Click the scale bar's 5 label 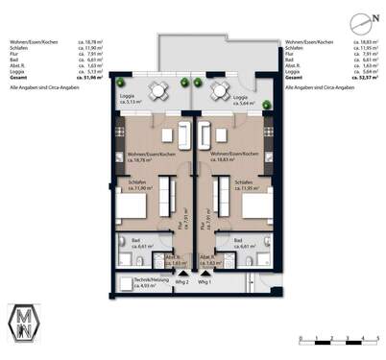point(377,342)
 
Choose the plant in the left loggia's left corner point(121,84)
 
